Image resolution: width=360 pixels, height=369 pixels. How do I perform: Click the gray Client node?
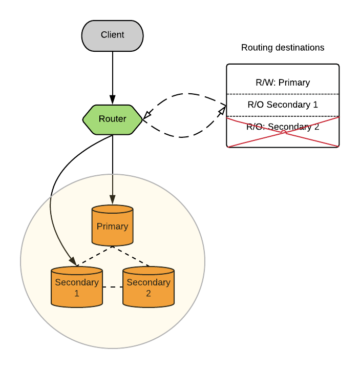[x=112, y=35]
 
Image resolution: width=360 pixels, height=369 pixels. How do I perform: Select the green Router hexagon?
[x=112, y=119]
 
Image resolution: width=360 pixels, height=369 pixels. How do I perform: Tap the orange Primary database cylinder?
[x=112, y=225]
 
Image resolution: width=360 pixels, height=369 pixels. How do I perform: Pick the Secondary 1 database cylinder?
[x=77, y=288]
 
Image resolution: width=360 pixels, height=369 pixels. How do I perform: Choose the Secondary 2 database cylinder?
[x=149, y=288]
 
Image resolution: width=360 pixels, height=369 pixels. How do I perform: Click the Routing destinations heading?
[x=283, y=48]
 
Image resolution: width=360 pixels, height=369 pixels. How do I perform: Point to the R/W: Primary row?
[x=283, y=82]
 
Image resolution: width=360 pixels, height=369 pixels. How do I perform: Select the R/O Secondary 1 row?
[x=283, y=105]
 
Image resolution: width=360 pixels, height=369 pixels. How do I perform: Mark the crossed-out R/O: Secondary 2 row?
[x=283, y=127]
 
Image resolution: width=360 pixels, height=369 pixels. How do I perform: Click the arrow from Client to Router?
[x=113, y=74]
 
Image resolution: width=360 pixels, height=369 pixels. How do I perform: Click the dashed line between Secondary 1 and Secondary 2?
[x=113, y=287]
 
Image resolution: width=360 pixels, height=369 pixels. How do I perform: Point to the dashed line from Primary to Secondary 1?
[x=95, y=256]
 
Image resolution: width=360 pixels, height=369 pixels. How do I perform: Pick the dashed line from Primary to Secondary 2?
[x=131, y=256]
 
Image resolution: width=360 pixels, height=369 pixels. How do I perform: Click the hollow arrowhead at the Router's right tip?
[x=146, y=116]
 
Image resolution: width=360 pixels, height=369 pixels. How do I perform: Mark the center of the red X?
[x=283, y=132]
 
